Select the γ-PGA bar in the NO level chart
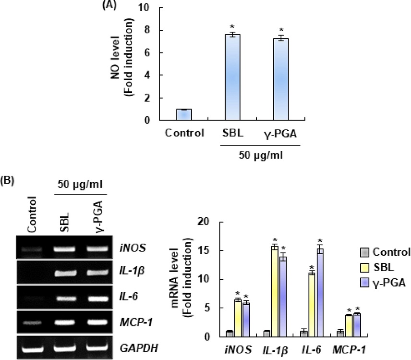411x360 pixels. point(281,79)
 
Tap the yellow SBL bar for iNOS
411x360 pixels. point(237,318)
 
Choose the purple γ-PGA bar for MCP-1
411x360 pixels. point(357,325)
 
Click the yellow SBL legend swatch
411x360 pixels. point(364,267)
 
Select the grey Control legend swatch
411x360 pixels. point(364,252)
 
